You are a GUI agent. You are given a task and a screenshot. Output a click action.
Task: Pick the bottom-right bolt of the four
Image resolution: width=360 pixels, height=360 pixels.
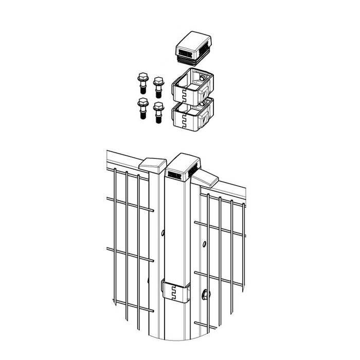pos(158,112)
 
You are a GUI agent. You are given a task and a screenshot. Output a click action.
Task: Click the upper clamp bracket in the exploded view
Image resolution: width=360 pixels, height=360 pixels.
pos(191,86)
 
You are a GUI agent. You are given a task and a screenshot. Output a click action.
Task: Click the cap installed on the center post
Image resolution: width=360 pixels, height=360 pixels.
pos(182,166)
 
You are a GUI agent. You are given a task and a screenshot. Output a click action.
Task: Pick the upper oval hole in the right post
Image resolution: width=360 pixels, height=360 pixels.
pos(205,243)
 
